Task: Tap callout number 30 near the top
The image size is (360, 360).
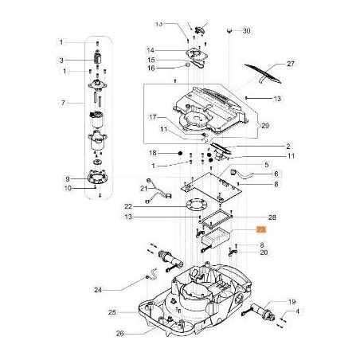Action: (246, 30)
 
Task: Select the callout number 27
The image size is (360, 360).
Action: (291, 64)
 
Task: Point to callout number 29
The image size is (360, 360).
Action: (265, 127)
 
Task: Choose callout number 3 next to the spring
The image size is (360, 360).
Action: (60, 61)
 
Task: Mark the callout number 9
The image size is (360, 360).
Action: (68, 178)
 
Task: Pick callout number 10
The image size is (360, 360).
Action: (68, 188)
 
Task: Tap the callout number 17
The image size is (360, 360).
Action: (151, 117)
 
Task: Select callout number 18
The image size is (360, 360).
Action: (151, 151)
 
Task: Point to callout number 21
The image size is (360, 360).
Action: (145, 188)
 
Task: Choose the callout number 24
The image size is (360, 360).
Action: (120, 289)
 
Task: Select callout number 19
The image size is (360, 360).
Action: (292, 302)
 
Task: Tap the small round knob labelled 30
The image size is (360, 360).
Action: (229, 29)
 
